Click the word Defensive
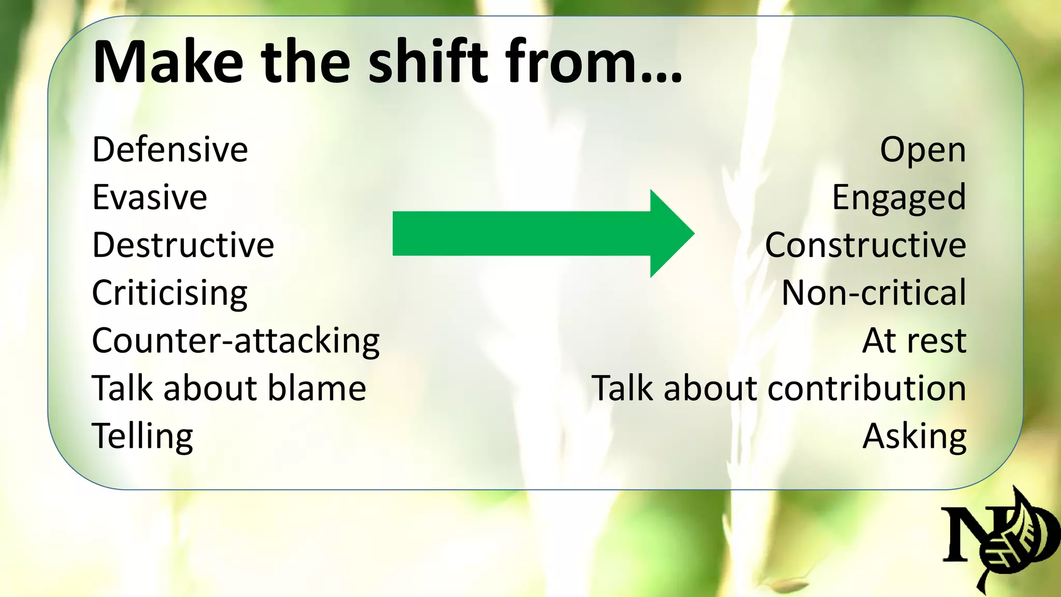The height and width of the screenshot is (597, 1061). (x=170, y=149)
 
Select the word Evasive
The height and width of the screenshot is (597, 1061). (x=150, y=197)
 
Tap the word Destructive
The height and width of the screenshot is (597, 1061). (x=183, y=245)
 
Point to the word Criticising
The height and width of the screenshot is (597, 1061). (x=169, y=293)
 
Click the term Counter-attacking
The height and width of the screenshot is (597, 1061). (x=236, y=340)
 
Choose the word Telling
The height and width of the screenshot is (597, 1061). (x=142, y=436)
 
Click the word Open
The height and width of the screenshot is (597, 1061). (x=923, y=150)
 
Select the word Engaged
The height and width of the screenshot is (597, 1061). (x=899, y=198)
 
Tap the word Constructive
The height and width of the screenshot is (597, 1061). (x=865, y=245)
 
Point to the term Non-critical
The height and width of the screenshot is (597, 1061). (x=873, y=293)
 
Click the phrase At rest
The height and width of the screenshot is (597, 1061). (x=914, y=340)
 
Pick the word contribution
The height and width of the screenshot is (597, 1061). (x=867, y=388)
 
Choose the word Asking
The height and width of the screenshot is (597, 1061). (x=914, y=436)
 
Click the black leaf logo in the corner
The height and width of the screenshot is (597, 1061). (x=1000, y=539)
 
